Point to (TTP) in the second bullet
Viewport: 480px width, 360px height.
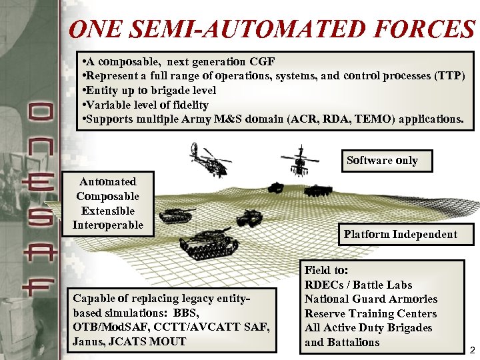[x=450, y=76]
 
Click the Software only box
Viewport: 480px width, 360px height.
[x=382, y=160]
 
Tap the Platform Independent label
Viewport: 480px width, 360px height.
[x=400, y=234]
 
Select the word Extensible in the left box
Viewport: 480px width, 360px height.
[x=108, y=211]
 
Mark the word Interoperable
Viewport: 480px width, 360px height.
[x=108, y=225]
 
